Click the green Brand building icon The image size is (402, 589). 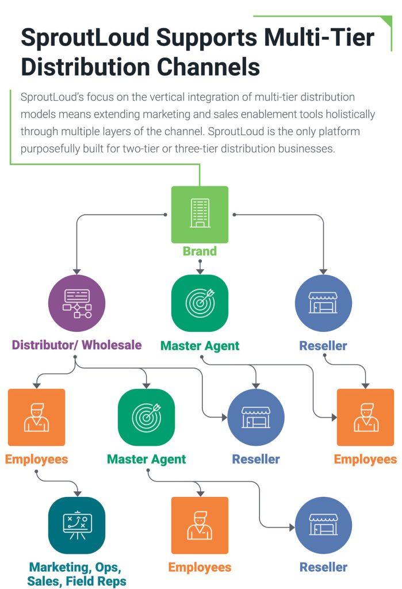pyautogui.click(x=200, y=214)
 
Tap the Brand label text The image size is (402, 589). pyautogui.click(x=200, y=251)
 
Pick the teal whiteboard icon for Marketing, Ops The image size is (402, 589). pyautogui.click(x=76, y=525)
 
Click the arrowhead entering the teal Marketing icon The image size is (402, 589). pyautogui.click(x=77, y=493)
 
